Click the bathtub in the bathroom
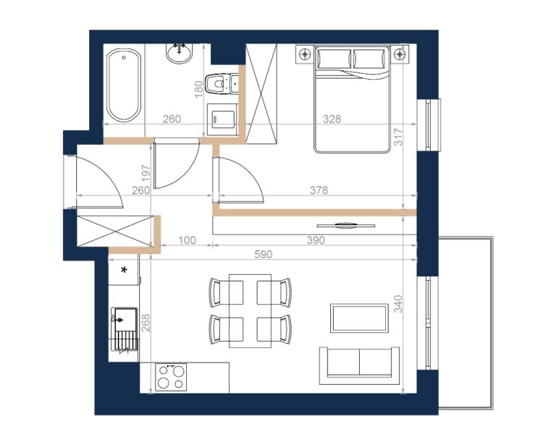(124, 85)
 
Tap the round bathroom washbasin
(179, 54)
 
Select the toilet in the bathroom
(222, 84)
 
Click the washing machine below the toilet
(223, 119)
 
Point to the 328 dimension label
(332, 119)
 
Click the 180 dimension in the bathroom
(199, 89)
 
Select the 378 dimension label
(319, 190)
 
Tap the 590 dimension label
(264, 255)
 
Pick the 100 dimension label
(187, 240)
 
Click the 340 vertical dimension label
(399, 304)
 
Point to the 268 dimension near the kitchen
(146, 323)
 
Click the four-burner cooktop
(171, 377)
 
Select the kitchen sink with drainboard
(124, 329)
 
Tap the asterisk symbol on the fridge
(124, 270)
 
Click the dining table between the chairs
(250, 310)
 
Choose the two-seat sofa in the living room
(359, 365)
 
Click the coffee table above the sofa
(359, 318)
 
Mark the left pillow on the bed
(334, 59)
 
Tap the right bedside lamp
(400, 54)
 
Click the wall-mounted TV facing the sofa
(346, 225)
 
